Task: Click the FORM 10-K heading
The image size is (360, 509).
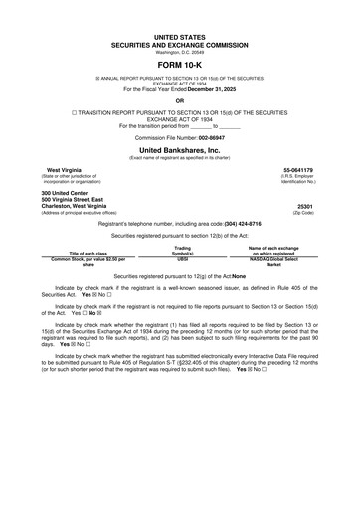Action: pyautogui.click(x=180, y=63)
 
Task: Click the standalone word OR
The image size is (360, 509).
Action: pyautogui.click(x=180, y=100)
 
